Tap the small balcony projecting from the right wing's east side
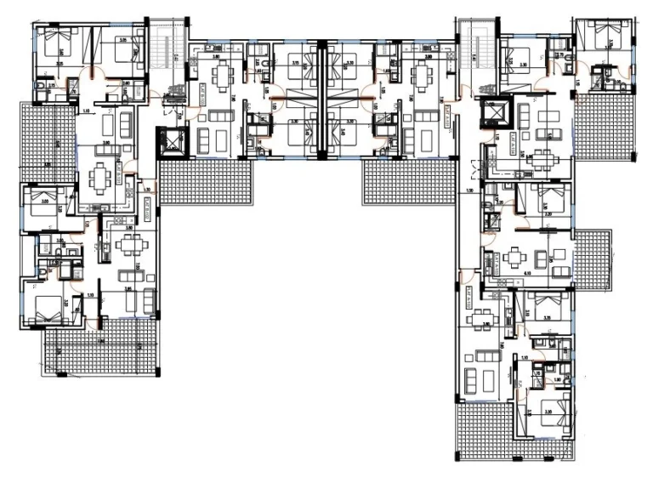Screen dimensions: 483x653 (x=593, y=260)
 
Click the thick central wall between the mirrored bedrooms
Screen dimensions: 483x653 (x=321, y=98)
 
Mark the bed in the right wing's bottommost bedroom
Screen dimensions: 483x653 (x=544, y=404)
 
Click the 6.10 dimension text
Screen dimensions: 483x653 (x=527, y=273)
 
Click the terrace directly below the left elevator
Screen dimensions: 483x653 (x=207, y=184)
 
